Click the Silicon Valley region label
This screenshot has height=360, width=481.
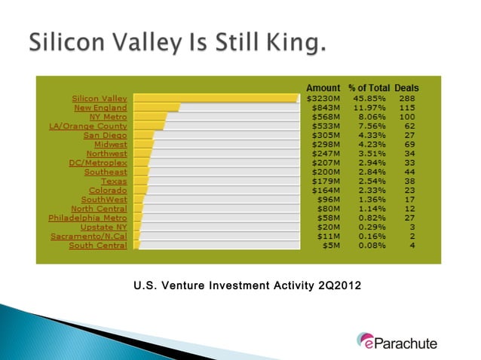[100, 99]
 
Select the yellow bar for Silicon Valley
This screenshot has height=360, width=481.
[215, 99]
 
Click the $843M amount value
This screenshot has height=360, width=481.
[325, 108]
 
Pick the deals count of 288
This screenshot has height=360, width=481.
[408, 99]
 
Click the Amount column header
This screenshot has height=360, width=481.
[323, 88]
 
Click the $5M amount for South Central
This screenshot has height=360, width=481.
[330, 245]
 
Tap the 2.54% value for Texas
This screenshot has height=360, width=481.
[363, 181]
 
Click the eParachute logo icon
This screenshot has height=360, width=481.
[366, 341]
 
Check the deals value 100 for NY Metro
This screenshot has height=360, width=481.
[408, 117]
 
